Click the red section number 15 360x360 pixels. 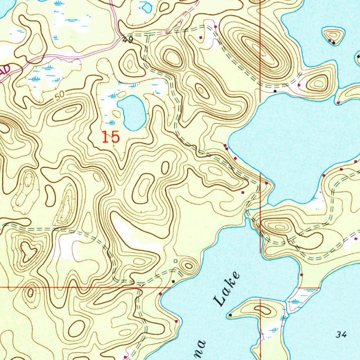tap(111, 137)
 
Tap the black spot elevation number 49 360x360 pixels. tap(128, 40)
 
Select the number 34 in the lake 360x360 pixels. tap(341, 335)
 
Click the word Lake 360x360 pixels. tap(227, 289)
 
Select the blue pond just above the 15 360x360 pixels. tap(132, 112)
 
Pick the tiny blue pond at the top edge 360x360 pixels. tap(146, 7)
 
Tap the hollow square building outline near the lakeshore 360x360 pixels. tap(175, 261)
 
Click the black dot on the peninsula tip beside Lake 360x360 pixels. tap(230, 315)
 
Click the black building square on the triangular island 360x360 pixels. tap(334, 43)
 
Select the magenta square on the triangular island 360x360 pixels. tap(330, 41)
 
